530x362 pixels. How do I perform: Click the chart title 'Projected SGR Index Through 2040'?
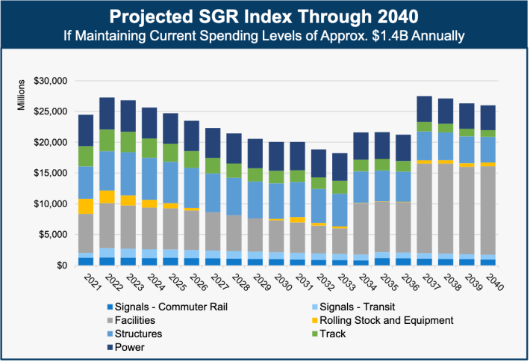pyautogui.click(x=265, y=16)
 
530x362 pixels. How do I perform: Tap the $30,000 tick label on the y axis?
pyautogui.click(x=52, y=81)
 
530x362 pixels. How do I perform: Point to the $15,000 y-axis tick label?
pyautogui.click(x=52, y=173)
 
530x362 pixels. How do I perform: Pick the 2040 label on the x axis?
pyautogui.click(x=490, y=283)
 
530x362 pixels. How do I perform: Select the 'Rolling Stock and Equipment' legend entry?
pyautogui.click(x=386, y=321)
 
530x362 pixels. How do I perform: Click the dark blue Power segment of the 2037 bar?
pyautogui.click(x=424, y=108)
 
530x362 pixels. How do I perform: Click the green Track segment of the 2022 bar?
pyautogui.click(x=106, y=140)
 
